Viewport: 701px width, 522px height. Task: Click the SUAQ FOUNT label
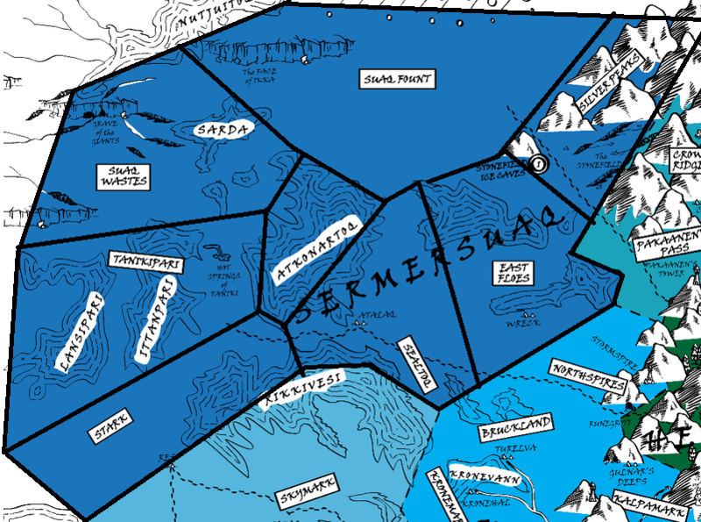pos(397,80)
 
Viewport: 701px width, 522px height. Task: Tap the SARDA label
pos(223,130)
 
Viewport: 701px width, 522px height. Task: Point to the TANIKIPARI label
pos(145,261)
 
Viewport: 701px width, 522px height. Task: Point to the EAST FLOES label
pos(513,273)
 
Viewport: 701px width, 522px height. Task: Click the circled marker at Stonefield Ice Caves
pos(538,163)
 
